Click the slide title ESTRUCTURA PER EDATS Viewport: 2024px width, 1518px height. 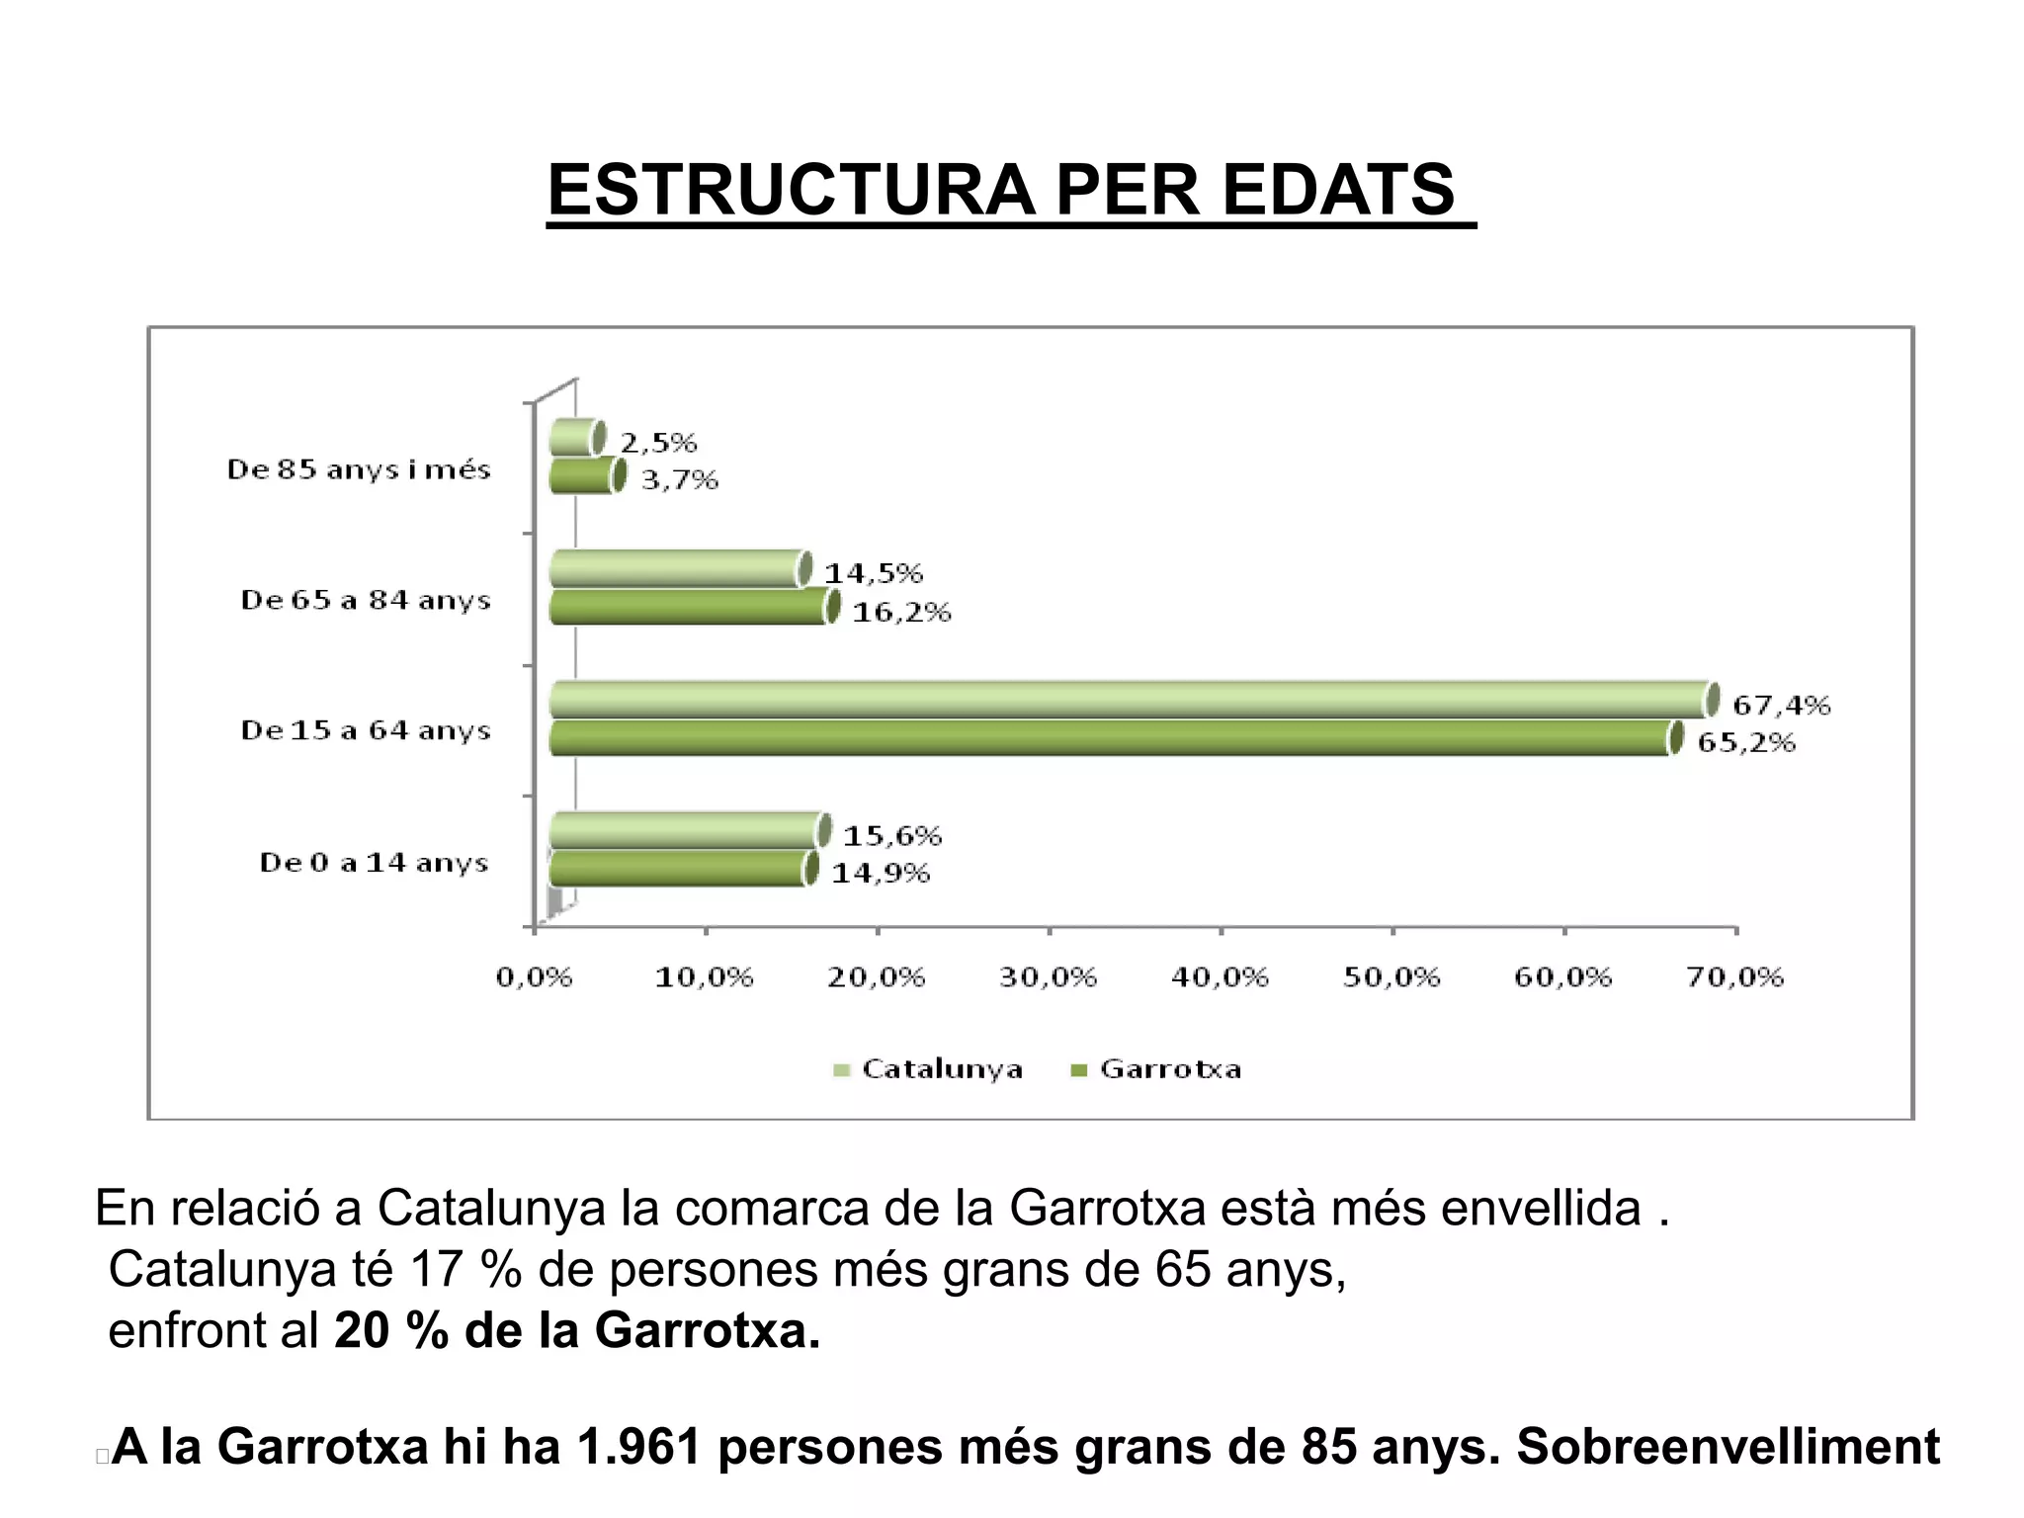[x=1001, y=190]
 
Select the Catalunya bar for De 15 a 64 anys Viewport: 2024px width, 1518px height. [x=1127, y=700]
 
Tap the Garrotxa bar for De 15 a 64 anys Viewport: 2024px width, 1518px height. [x=1107, y=738]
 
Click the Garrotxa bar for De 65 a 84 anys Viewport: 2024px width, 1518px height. [x=688, y=607]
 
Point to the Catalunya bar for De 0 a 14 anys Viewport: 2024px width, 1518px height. [x=684, y=830]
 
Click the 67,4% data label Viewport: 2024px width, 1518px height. [x=1781, y=705]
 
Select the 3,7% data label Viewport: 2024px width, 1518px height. [x=679, y=480]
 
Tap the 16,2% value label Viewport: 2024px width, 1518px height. [x=901, y=613]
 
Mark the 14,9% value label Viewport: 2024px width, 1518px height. [x=881, y=874]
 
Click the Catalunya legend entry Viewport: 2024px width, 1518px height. [x=929, y=1069]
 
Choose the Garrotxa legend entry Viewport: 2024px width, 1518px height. [x=1157, y=1069]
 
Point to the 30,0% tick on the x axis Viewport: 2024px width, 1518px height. [x=1048, y=977]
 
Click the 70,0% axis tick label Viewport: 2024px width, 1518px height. [x=1734, y=977]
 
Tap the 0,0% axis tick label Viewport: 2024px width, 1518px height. [x=534, y=977]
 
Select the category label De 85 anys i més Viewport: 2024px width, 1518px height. [x=359, y=469]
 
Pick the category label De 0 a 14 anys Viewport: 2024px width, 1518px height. [x=374, y=863]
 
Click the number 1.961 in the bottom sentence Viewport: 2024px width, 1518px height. [x=638, y=1447]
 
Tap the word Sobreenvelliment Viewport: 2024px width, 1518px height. [x=1728, y=1447]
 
